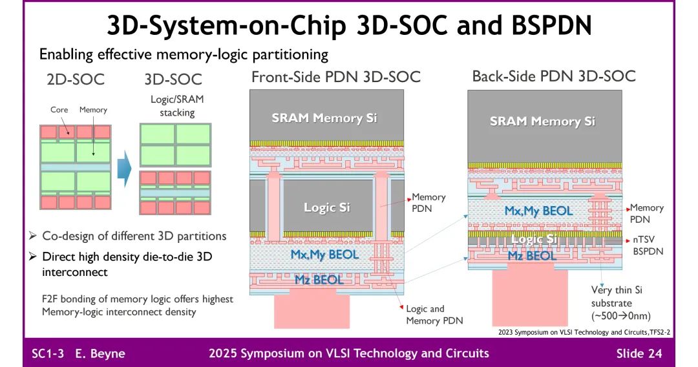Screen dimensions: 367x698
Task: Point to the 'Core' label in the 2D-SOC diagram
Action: [59, 110]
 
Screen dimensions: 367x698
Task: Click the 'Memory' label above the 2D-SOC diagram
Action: [93, 110]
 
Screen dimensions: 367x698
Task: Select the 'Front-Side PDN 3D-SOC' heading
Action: [335, 78]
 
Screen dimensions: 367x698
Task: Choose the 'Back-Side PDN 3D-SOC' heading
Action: [554, 76]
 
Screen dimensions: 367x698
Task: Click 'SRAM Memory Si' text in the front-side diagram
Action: [324, 118]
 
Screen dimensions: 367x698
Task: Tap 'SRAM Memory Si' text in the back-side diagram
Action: [542, 121]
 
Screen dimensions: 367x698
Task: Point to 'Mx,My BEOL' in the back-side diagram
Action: [538, 210]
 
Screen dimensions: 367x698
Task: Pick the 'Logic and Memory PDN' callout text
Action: [434, 315]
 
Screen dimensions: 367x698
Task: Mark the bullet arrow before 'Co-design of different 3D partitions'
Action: [33, 236]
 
